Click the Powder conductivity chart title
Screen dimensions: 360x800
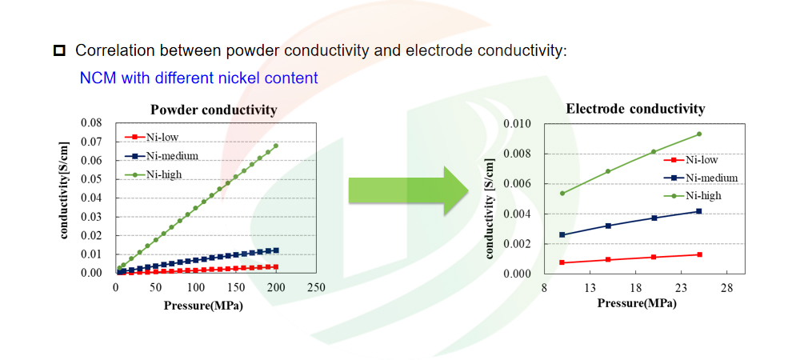214,110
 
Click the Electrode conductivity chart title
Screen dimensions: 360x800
635,110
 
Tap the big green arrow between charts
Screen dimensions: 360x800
408,193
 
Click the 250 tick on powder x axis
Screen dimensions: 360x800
316,286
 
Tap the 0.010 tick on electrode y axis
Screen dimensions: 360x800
518,124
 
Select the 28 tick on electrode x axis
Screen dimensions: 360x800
727,287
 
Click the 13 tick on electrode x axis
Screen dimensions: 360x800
590,287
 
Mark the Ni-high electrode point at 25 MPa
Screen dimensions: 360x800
699,134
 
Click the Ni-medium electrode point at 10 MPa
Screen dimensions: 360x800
562,234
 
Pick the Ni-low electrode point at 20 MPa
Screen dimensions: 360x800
654,257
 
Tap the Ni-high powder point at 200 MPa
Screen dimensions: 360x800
276,146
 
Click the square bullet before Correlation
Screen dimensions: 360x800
59,51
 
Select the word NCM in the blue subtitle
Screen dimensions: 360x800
95,78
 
